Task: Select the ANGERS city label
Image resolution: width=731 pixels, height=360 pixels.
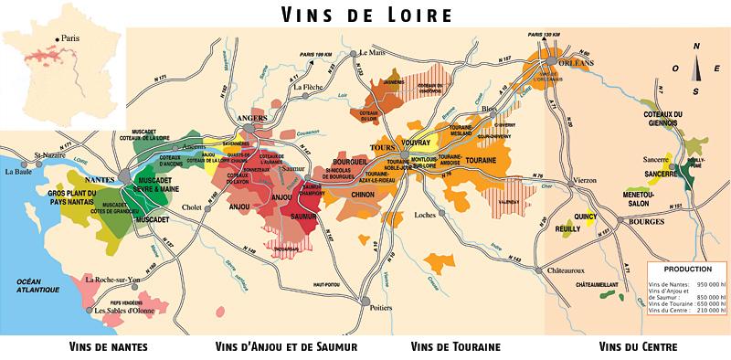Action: click(x=249, y=119)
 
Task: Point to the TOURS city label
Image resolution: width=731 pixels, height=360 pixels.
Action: click(x=380, y=147)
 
